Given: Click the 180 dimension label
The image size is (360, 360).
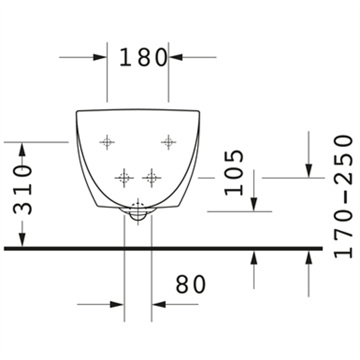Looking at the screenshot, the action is (143, 57).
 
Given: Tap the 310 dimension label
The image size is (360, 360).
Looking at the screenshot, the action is (22, 190).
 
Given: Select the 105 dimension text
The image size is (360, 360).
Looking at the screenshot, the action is (234, 173).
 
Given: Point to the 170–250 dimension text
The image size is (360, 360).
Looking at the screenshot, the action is (343, 197).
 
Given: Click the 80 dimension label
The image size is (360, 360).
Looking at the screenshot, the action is (190, 284).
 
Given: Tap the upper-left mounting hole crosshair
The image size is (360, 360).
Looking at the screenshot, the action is (107, 142).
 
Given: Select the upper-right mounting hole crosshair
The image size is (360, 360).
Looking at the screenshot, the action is (169, 142).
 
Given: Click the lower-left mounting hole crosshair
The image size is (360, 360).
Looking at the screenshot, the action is (124, 178).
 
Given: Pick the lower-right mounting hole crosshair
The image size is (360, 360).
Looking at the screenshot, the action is (151, 178).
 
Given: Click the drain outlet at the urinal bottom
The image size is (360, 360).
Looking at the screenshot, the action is (138, 212).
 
